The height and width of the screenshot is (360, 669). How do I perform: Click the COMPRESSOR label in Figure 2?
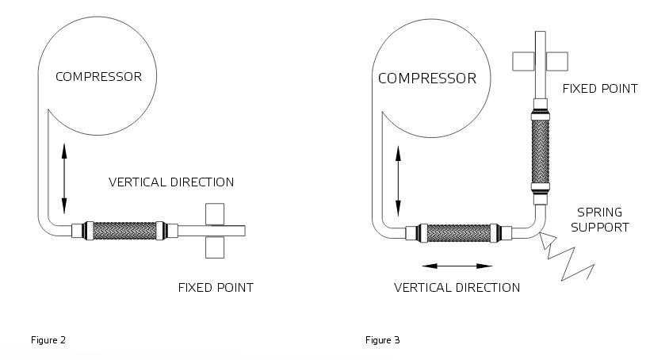[x=98, y=77]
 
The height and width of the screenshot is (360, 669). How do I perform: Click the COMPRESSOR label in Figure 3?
[x=427, y=79]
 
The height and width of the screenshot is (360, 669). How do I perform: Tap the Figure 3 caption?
[x=382, y=340]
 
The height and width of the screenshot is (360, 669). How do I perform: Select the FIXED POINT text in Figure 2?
[x=216, y=287]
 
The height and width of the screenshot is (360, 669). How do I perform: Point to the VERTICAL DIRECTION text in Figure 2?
[x=171, y=182]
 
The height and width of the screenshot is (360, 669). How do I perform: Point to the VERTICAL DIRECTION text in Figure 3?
[x=457, y=287]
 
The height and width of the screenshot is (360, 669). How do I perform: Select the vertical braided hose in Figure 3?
[x=539, y=151]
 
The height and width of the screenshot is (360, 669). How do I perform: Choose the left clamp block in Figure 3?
[x=522, y=61]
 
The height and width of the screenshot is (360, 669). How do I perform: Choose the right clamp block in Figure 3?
[x=557, y=61]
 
